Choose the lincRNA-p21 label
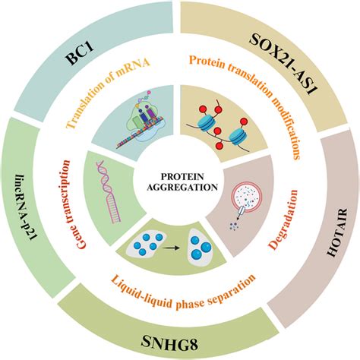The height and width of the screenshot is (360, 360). pyautogui.click(x=28, y=198)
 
